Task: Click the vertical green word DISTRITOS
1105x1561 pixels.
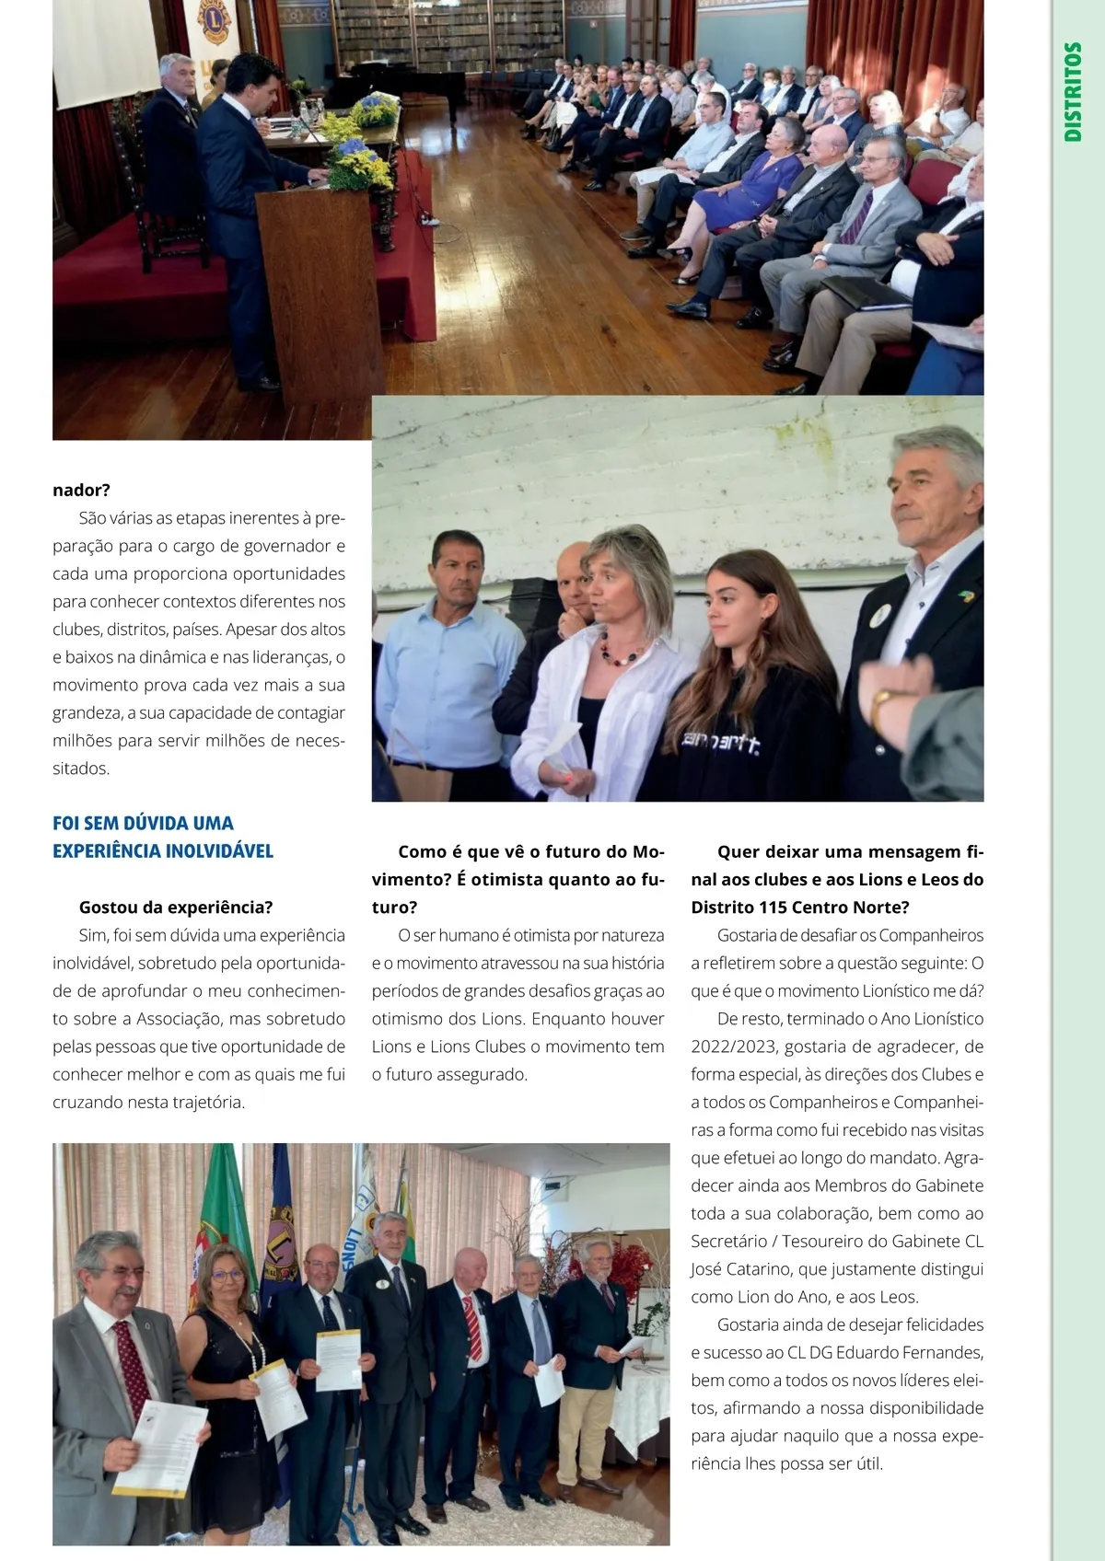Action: [x=1073, y=91]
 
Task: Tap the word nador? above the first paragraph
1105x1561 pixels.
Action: [x=81, y=490]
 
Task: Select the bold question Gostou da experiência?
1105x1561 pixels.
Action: [x=176, y=907]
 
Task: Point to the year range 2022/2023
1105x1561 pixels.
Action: [x=733, y=1046]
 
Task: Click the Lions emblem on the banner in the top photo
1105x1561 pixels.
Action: [x=215, y=22]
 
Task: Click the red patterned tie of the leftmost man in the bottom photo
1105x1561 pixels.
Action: [x=131, y=1362]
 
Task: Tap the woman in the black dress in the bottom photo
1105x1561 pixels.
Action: [x=225, y=1381]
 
